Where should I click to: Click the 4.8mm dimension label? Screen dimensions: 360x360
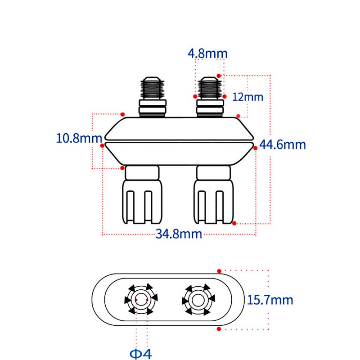pos(207,54)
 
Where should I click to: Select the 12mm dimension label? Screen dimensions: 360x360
pos(248,97)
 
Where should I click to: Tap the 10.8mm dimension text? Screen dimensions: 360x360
pos(79,138)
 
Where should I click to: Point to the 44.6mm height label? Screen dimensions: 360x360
pos(283,144)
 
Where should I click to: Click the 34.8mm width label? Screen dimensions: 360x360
pos(179,234)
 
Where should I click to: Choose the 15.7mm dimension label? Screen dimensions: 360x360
pos(270,300)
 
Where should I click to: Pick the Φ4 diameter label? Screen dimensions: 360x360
pos(141,354)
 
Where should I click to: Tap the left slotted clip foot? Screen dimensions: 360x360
pos(142,202)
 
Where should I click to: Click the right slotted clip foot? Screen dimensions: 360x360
pos(213,202)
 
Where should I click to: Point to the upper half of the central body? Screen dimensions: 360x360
pos(179,129)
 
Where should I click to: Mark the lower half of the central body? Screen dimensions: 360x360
pos(179,154)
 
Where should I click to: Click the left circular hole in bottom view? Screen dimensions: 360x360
pos(141,299)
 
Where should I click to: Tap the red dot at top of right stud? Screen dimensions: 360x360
pos(219,76)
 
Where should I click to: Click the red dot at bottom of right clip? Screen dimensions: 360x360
pos(234,223)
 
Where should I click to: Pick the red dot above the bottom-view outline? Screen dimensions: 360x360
pos(219,271)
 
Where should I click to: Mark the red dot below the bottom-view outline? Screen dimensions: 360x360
pos(219,329)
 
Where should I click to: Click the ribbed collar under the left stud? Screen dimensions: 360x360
pos(153,108)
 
